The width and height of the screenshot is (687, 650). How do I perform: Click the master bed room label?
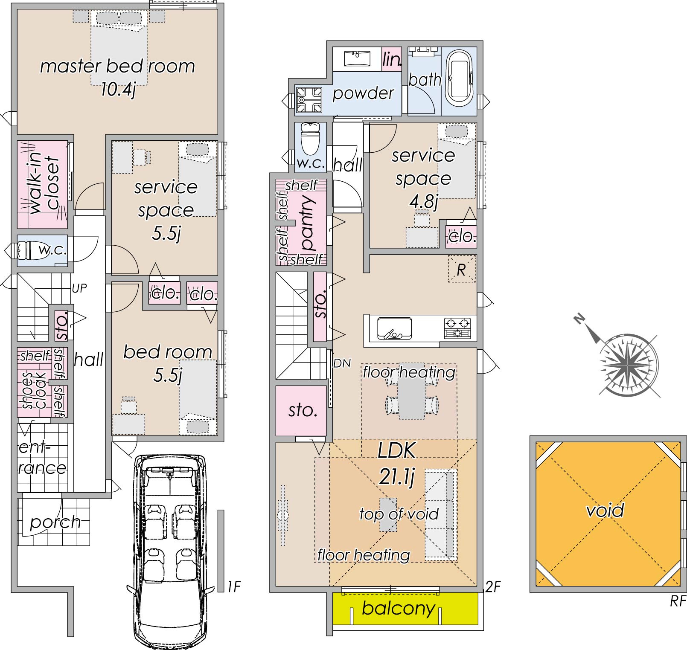pos(117,67)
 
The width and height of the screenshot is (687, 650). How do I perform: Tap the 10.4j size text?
pos(118,90)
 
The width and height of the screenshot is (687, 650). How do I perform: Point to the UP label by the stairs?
pos(79,289)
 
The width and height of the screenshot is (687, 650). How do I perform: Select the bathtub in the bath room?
pos(459,80)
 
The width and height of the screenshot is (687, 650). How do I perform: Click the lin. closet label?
pos(392,59)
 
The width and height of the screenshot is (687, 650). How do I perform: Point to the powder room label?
pos(363,93)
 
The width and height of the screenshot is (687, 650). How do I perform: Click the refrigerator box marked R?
pos(461,269)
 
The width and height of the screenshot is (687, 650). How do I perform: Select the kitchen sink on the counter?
pos(395,328)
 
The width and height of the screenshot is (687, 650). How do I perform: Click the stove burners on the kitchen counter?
pos(457,328)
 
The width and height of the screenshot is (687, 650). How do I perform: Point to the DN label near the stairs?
pos(342,363)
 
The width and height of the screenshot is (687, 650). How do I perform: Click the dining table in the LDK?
pos(412,398)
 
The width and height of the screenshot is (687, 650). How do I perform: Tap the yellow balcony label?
pos(399,608)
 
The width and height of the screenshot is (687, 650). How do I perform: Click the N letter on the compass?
pos(579,319)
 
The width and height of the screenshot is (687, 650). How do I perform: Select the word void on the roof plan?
pos(605,510)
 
